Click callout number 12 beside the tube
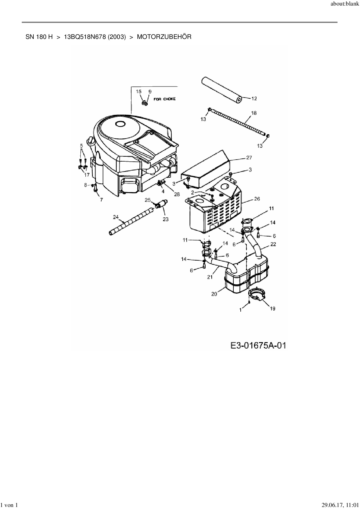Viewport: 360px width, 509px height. [x=254, y=99]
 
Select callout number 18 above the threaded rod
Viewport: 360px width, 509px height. [x=254, y=113]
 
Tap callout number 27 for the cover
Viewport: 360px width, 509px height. [x=249, y=158]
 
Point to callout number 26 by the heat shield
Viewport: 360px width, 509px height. [x=257, y=199]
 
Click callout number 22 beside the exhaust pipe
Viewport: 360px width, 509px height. [x=273, y=244]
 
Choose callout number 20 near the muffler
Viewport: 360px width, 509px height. [x=214, y=294]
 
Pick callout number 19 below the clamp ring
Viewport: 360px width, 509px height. [x=272, y=308]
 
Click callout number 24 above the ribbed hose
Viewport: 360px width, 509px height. [x=116, y=217]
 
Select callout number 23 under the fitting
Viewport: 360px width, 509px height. [x=165, y=219]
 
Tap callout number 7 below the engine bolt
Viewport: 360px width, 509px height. [x=101, y=200]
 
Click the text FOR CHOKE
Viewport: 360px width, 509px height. [x=164, y=99]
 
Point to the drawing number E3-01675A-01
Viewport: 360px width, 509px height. [x=258, y=345]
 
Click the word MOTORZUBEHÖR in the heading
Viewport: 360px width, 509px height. [x=164, y=37]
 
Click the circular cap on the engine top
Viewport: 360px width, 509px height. [x=119, y=124]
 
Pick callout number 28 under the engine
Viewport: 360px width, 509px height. [x=177, y=194]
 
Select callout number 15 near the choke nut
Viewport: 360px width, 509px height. [x=139, y=91]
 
